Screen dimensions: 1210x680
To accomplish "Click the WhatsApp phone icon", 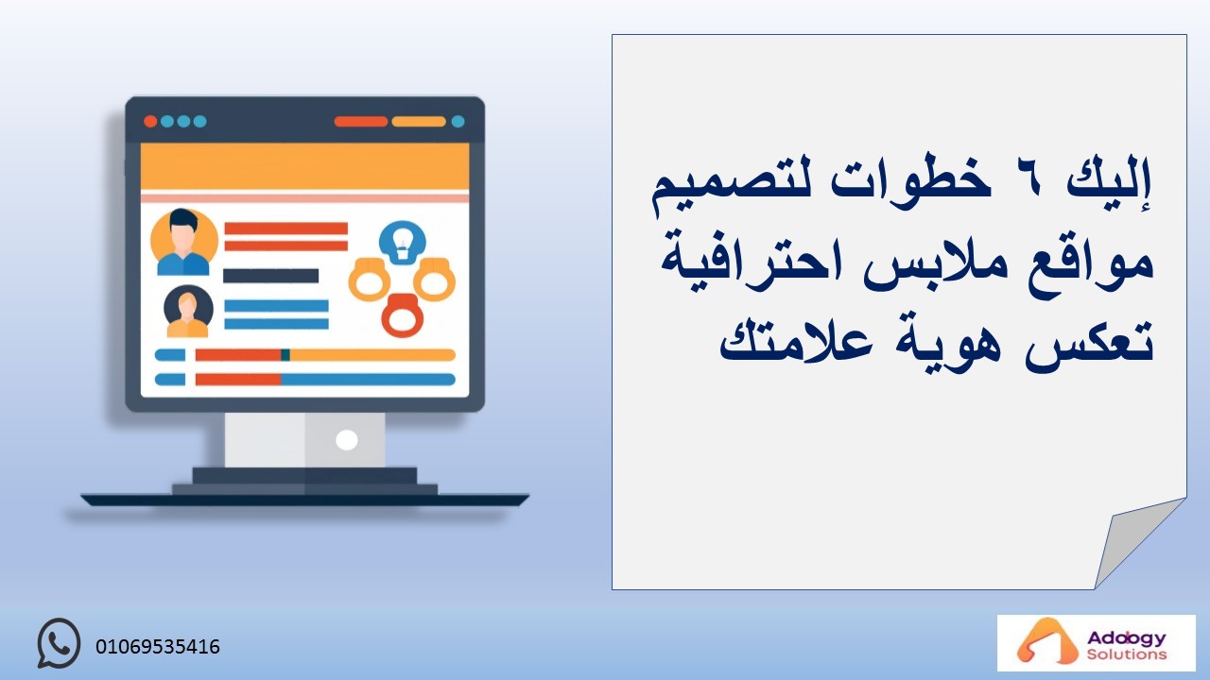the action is pyautogui.click(x=59, y=643).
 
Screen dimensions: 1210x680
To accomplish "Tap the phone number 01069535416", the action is pyautogui.click(x=158, y=647).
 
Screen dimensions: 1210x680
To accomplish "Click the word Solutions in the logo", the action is pyautogui.click(x=1127, y=654).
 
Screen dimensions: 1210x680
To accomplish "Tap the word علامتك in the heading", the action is pyautogui.click(x=796, y=343).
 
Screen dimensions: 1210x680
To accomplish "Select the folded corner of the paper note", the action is pyautogui.click(x=1134, y=539).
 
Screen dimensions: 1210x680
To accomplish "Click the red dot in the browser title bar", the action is pyautogui.click(x=150, y=122).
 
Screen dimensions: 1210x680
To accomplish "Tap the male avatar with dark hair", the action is pyautogui.click(x=183, y=243).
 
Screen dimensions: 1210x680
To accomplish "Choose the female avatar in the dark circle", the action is pyautogui.click(x=188, y=312).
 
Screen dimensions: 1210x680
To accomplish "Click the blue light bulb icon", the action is pyautogui.click(x=403, y=243).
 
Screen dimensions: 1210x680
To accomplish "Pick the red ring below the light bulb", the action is pyautogui.click(x=403, y=315).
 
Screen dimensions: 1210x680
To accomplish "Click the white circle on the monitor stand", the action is pyautogui.click(x=346, y=440).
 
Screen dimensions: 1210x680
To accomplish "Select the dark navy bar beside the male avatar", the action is pyautogui.click(x=270, y=276).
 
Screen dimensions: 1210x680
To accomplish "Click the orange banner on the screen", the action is pyautogui.click(x=304, y=166).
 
